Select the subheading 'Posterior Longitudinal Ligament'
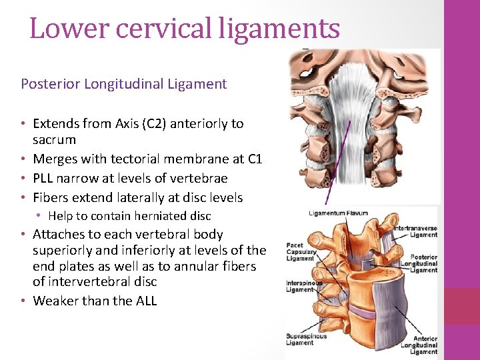pos(124,84)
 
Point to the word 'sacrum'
pos(55,140)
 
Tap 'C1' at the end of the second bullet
pos(254,159)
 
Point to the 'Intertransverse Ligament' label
pos(416,231)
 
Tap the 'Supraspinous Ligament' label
pos(306,340)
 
